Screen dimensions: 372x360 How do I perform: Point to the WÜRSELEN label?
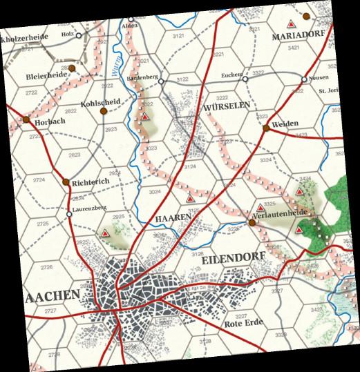(x=226, y=108)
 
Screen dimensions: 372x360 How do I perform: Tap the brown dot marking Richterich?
(x=66, y=182)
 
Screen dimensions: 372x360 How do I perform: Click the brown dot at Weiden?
(x=266, y=128)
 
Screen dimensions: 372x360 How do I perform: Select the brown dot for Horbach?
(x=26, y=120)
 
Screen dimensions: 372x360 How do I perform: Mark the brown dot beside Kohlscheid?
(x=103, y=110)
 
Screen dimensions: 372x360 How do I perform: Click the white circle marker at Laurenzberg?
(x=69, y=214)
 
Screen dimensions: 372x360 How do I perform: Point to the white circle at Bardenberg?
(x=160, y=81)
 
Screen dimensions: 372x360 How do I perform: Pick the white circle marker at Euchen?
(x=245, y=79)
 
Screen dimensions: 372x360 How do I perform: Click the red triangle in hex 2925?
(x=105, y=233)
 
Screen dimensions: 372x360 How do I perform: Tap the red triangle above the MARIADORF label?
(x=305, y=15)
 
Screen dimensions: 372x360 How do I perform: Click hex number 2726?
(x=47, y=267)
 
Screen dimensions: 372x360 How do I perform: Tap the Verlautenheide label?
(x=280, y=215)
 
